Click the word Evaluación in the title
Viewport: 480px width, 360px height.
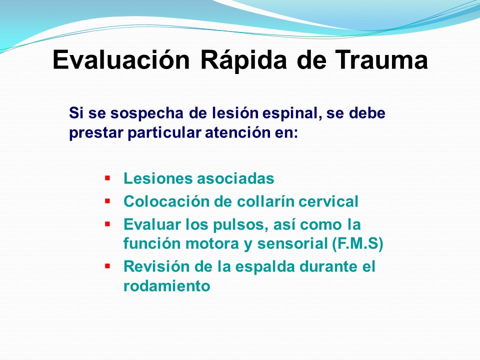click(121, 59)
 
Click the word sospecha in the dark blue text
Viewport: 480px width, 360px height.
click(147, 113)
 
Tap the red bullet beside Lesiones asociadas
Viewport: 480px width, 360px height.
click(107, 177)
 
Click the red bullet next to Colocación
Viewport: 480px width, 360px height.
click(107, 201)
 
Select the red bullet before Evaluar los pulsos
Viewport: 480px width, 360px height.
click(107, 224)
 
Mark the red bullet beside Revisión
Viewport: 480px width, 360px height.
click(107, 265)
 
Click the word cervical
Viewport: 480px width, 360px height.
click(328, 201)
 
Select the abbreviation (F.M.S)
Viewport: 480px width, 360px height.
click(357, 244)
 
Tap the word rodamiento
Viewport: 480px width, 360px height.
click(167, 286)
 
